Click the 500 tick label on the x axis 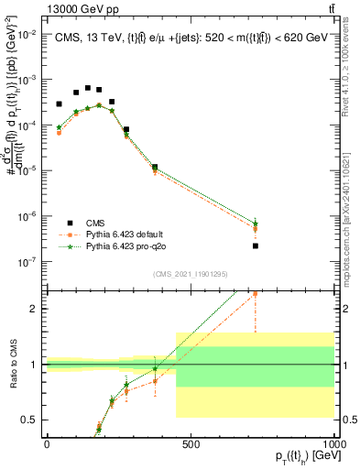pyautogui.click(x=191, y=444)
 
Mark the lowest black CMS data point pyautogui.click(x=256, y=245)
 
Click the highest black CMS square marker pyautogui.click(x=88, y=88)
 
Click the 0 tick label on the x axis pyautogui.click(x=48, y=444)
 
